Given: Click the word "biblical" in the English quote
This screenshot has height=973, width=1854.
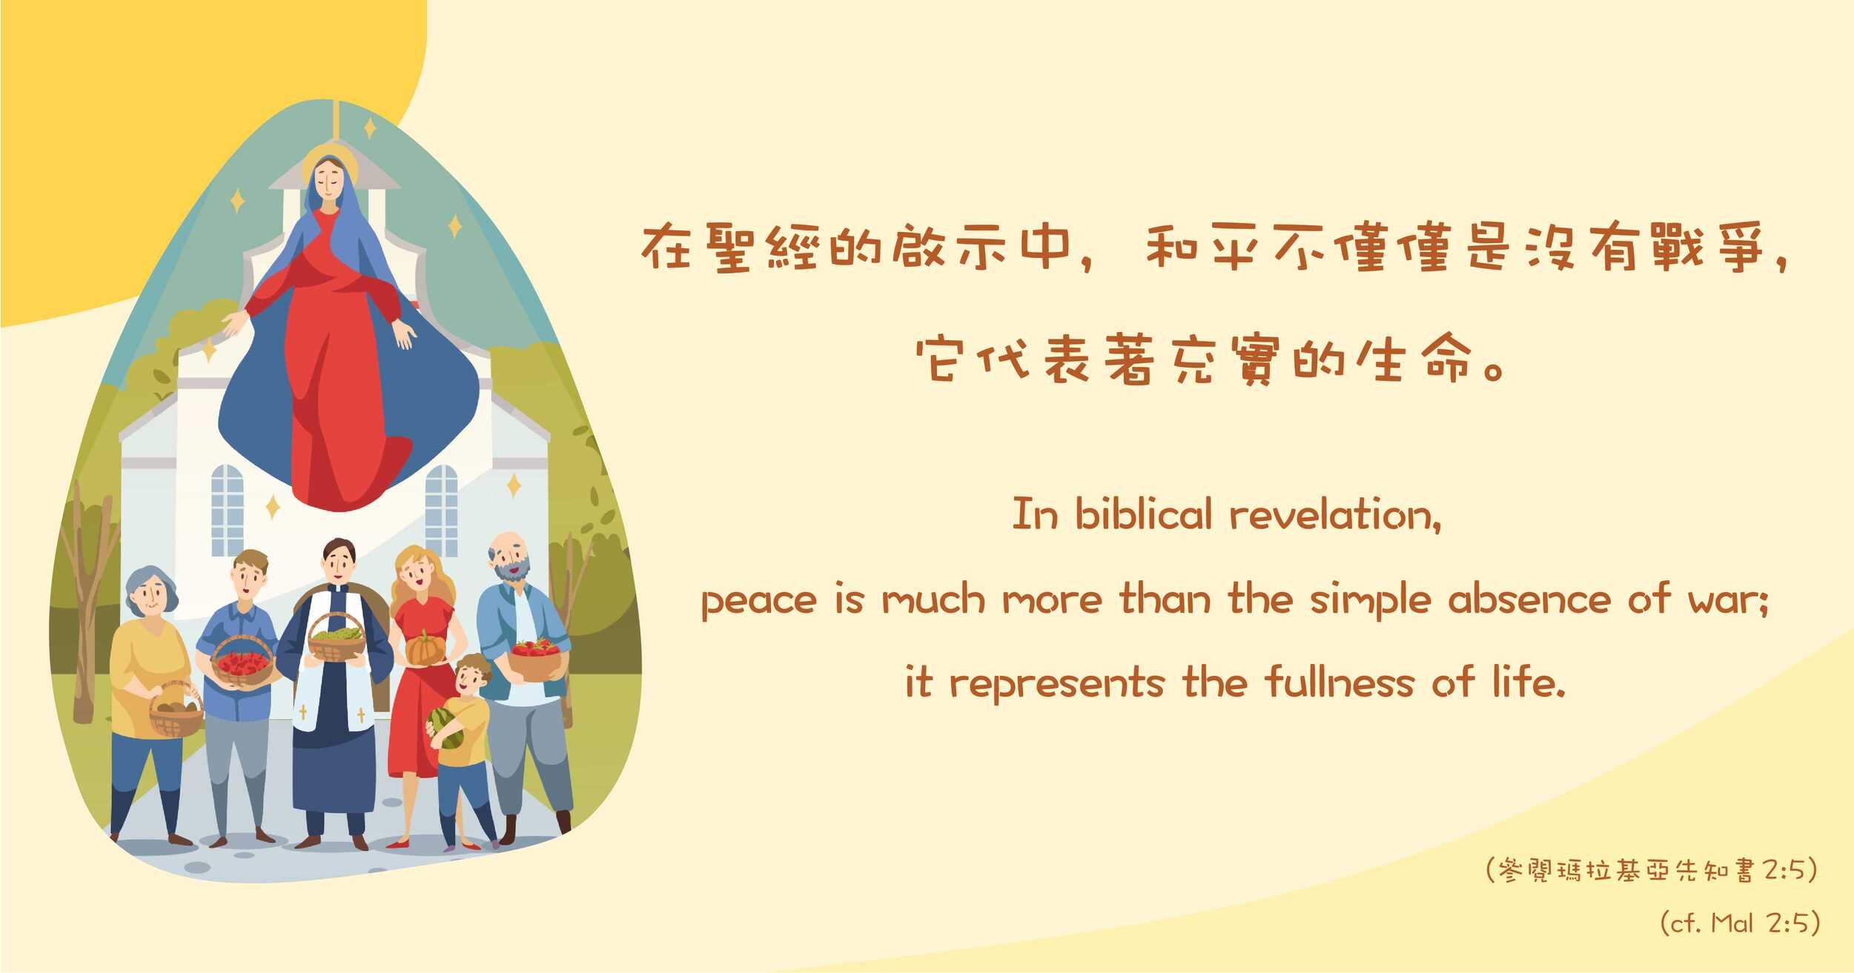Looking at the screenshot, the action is click(1143, 514).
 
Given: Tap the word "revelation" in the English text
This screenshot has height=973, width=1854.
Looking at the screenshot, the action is click(1334, 514).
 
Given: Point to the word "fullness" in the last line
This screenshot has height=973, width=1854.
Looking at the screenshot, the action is click(1340, 681).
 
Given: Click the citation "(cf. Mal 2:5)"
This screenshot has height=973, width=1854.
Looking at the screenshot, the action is click(1739, 923).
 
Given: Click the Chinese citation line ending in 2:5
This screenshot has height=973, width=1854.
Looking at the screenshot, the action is click(1652, 870).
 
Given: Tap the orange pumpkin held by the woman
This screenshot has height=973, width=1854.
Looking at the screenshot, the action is click(425, 648).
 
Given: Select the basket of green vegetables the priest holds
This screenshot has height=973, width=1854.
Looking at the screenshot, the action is click(337, 637).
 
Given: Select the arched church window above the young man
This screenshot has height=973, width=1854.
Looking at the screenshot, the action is click(227, 510).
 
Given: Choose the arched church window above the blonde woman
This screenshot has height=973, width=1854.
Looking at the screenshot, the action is click(441, 510).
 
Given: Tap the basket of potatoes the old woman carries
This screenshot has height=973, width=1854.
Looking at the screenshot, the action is click(176, 711).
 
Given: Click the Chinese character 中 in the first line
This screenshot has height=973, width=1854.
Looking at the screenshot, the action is click(1045, 246).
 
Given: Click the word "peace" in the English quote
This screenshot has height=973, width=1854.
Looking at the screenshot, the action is click(759, 600).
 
